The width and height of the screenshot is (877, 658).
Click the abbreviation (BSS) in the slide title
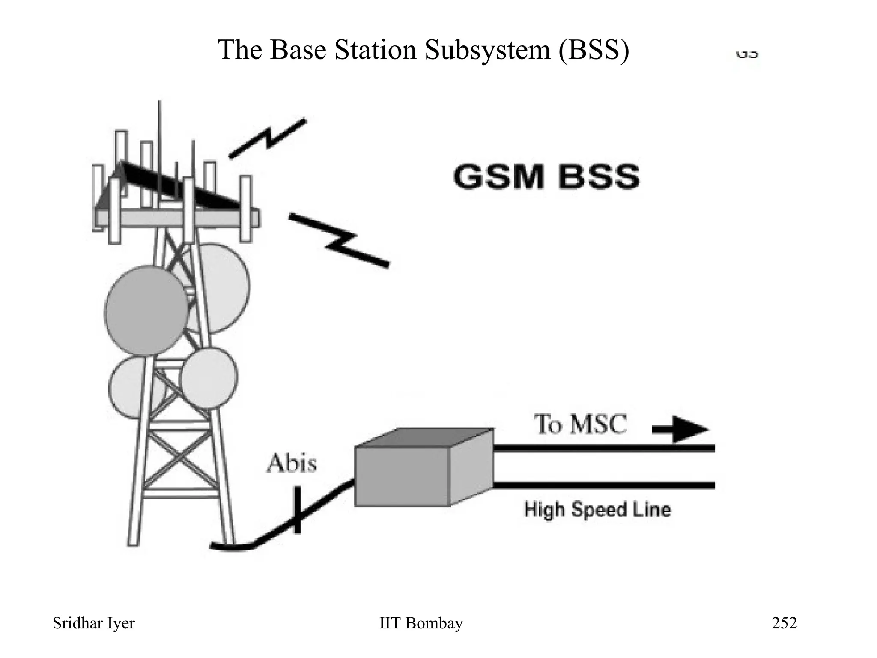(x=594, y=50)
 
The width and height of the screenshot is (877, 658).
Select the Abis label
(x=292, y=464)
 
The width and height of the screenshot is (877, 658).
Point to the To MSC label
(x=580, y=425)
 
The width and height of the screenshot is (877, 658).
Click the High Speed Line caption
(x=597, y=510)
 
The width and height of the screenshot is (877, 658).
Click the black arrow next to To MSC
(x=681, y=429)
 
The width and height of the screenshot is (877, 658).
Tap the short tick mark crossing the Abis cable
(x=297, y=510)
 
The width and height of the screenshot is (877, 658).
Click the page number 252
(x=784, y=623)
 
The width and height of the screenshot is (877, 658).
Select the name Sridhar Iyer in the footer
(x=93, y=623)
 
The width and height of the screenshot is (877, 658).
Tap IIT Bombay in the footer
(x=421, y=623)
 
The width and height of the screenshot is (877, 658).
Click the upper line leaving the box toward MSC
(x=604, y=448)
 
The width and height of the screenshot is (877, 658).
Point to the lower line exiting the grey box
(x=604, y=485)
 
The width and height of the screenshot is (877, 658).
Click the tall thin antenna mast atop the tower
(x=159, y=129)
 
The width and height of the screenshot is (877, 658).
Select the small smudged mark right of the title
(x=747, y=55)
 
